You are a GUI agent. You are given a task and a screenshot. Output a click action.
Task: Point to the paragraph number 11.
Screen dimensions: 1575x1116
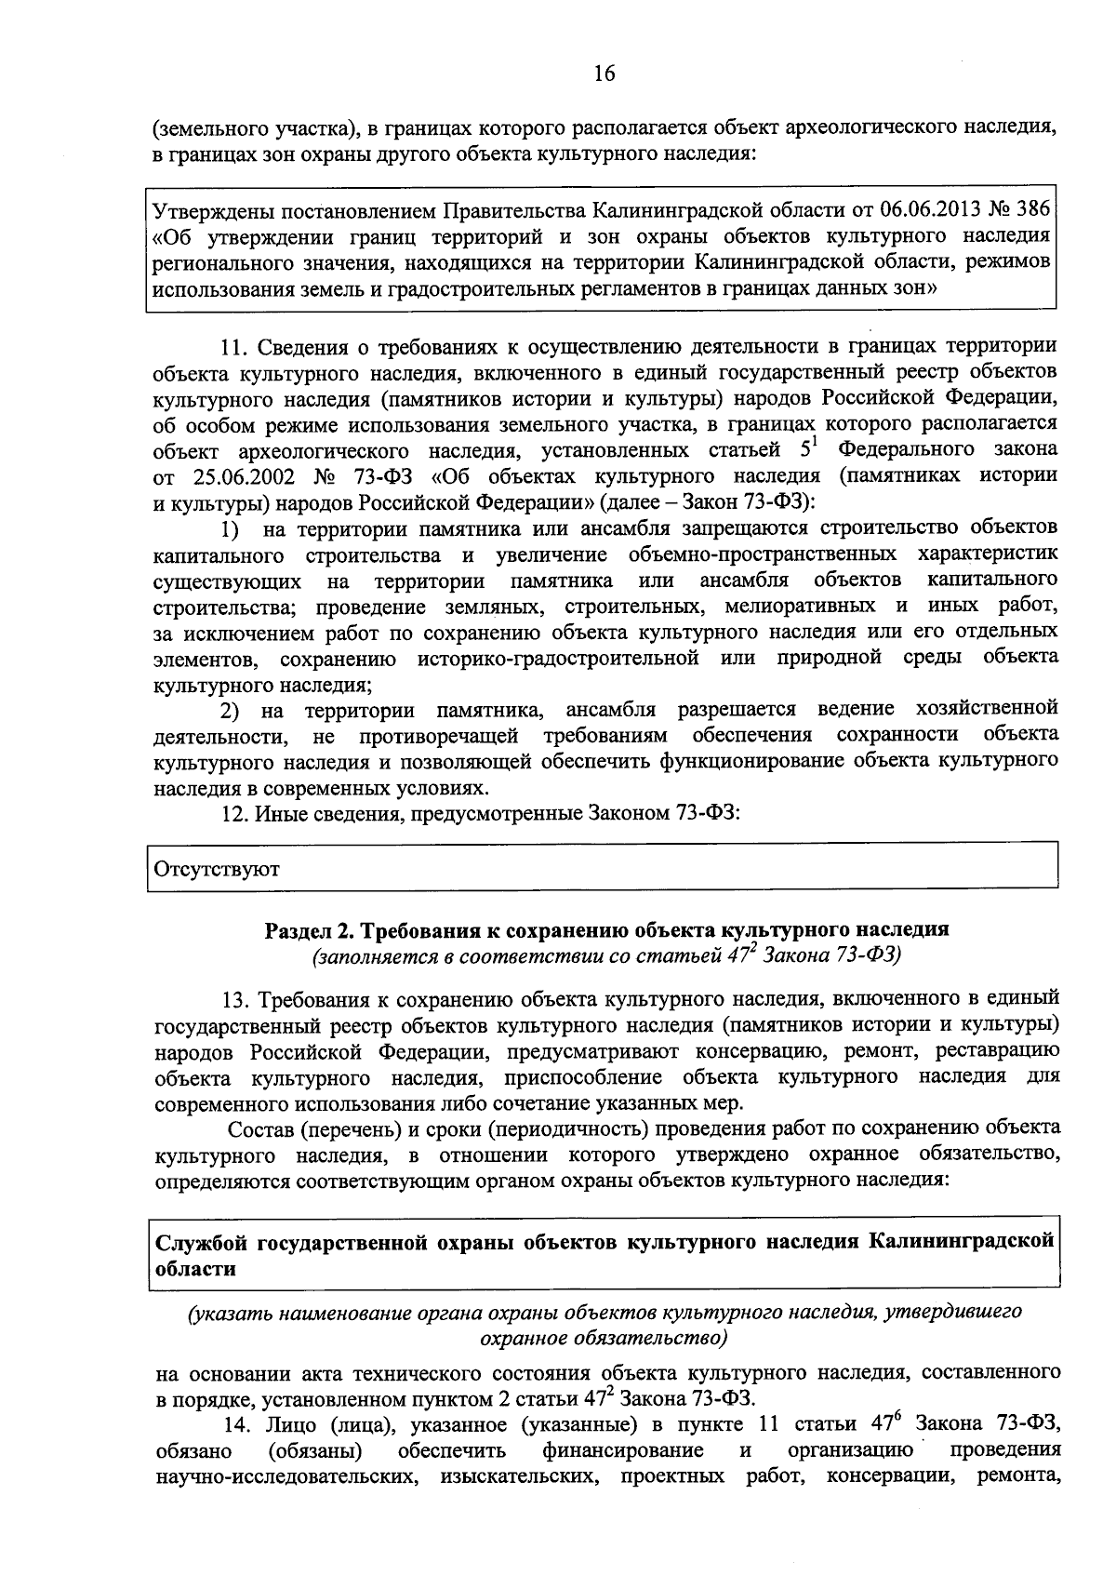tap(232, 347)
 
